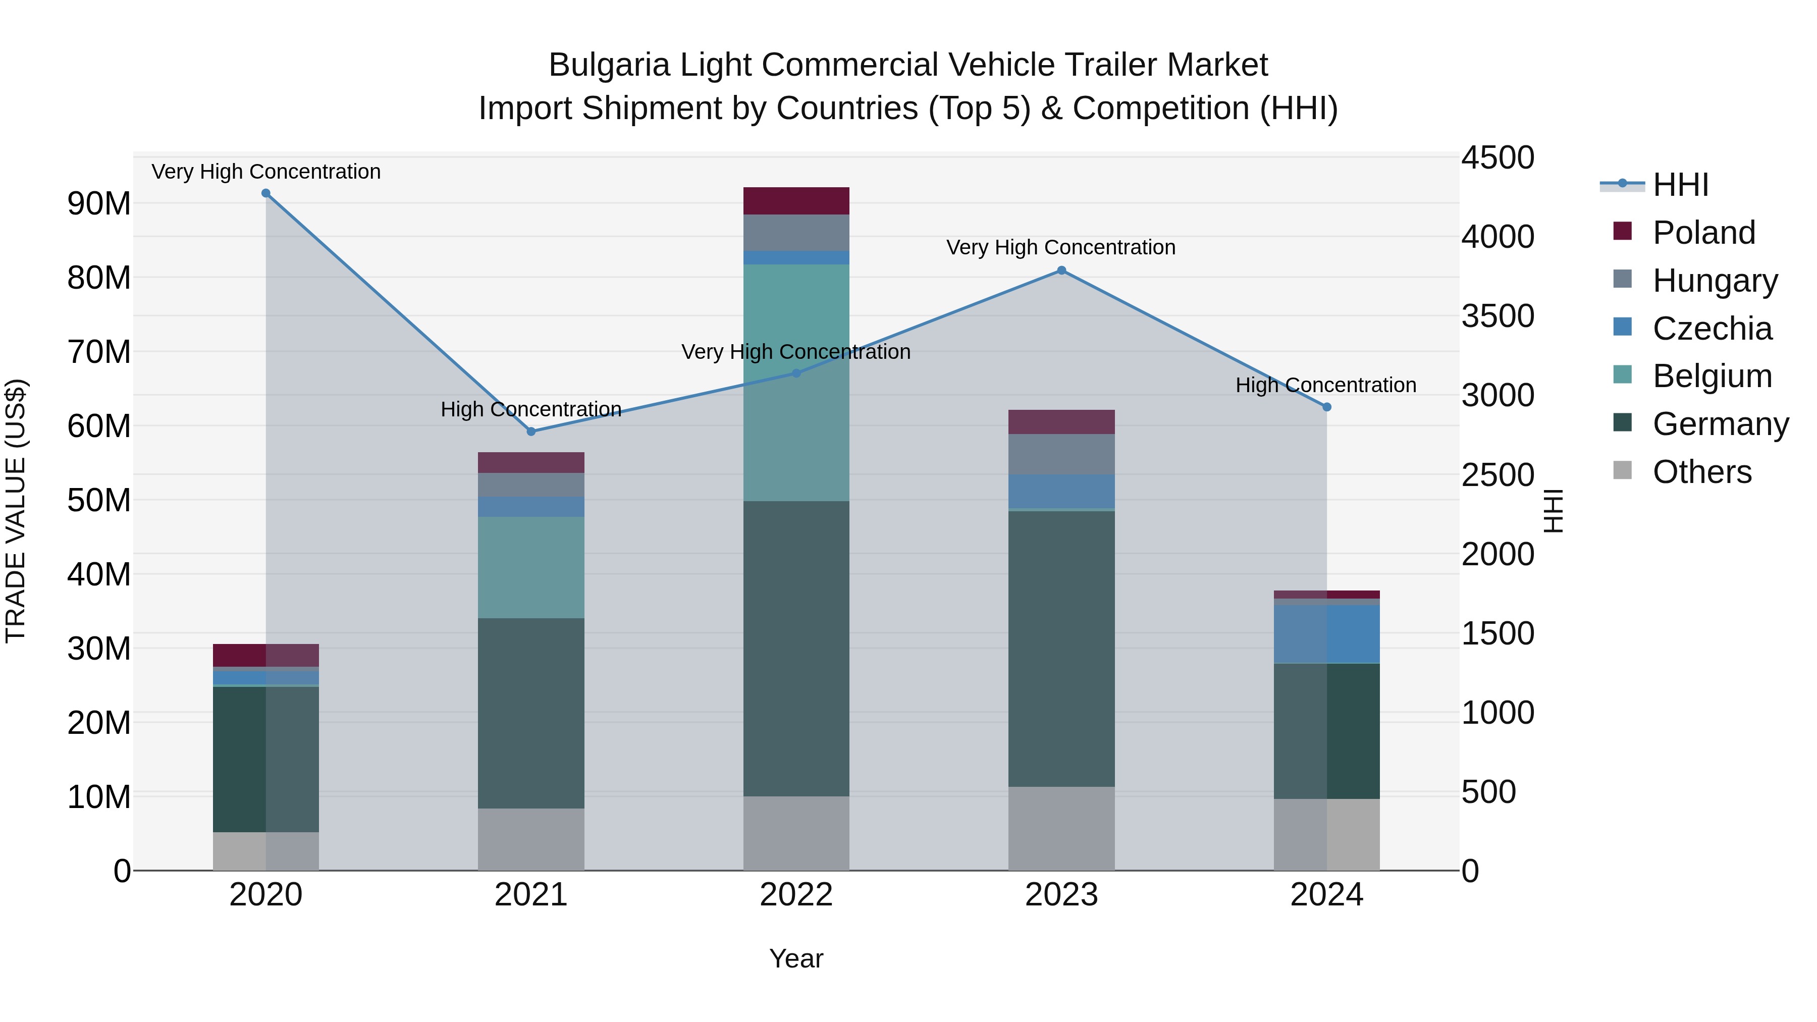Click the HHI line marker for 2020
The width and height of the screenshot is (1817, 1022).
pos(266,193)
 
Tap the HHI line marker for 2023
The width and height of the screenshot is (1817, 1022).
pos(1061,271)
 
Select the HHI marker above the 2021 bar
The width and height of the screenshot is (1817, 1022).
pos(531,432)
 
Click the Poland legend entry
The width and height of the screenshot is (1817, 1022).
pos(1703,233)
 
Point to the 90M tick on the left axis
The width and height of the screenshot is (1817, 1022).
pos(99,204)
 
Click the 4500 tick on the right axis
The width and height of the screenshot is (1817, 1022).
pos(1497,157)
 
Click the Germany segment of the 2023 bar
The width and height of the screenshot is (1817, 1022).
pos(1061,649)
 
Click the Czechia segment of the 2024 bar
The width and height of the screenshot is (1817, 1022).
pos(1327,634)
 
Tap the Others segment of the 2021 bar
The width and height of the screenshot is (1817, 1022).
pos(531,839)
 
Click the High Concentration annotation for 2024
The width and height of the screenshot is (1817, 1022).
pos(1325,385)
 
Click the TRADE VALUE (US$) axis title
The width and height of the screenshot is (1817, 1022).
pos(16,511)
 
